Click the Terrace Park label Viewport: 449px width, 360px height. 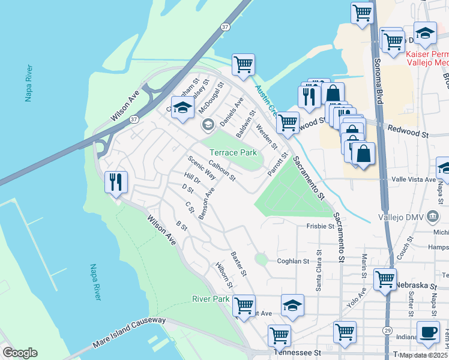tap(233, 153)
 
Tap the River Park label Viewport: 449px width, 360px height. tap(211, 299)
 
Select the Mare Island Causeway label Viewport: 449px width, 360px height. tap(128, 332)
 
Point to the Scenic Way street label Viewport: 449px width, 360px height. tap(201, 168)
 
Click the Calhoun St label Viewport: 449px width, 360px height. tap(222, 170)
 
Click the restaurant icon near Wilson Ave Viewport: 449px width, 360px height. tap(116, 182)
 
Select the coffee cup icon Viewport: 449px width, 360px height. tap(428, 334)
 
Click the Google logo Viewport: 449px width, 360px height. tap(20, 353)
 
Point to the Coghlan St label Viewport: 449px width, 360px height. tap(292, 261)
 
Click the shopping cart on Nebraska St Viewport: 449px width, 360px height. tap(385, 279)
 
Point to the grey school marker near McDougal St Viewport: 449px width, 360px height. tap(208, 124)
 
